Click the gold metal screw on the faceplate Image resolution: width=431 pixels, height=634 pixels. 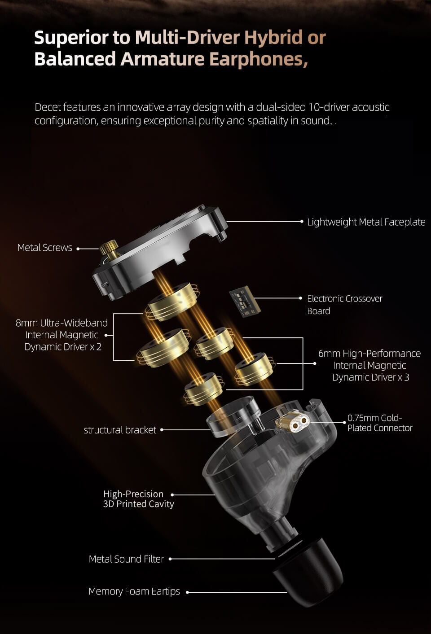(x=109, y=249)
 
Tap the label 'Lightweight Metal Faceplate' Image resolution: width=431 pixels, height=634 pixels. (x=366, y=222)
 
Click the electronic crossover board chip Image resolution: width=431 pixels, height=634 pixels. (x=245, y=302)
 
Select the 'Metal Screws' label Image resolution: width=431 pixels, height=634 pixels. (x=45, y=248)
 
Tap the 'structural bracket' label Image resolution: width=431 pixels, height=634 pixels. (x=120, y=430)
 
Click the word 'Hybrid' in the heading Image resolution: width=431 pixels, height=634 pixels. (x=273, y=37)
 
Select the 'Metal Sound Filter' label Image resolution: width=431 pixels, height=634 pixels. (x=126, y=559)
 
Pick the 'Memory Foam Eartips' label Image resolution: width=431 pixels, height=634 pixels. (x=134, y=591)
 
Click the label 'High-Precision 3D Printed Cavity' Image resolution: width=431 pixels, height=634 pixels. (x=138, y=498)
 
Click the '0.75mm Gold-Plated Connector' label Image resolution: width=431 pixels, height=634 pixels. (x=380, y=423)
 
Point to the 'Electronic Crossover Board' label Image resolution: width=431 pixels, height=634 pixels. (x=345, y=305)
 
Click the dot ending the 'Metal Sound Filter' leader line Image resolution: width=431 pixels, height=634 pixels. (x=170, y=559)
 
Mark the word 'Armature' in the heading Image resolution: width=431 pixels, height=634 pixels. (x=163, y=59)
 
